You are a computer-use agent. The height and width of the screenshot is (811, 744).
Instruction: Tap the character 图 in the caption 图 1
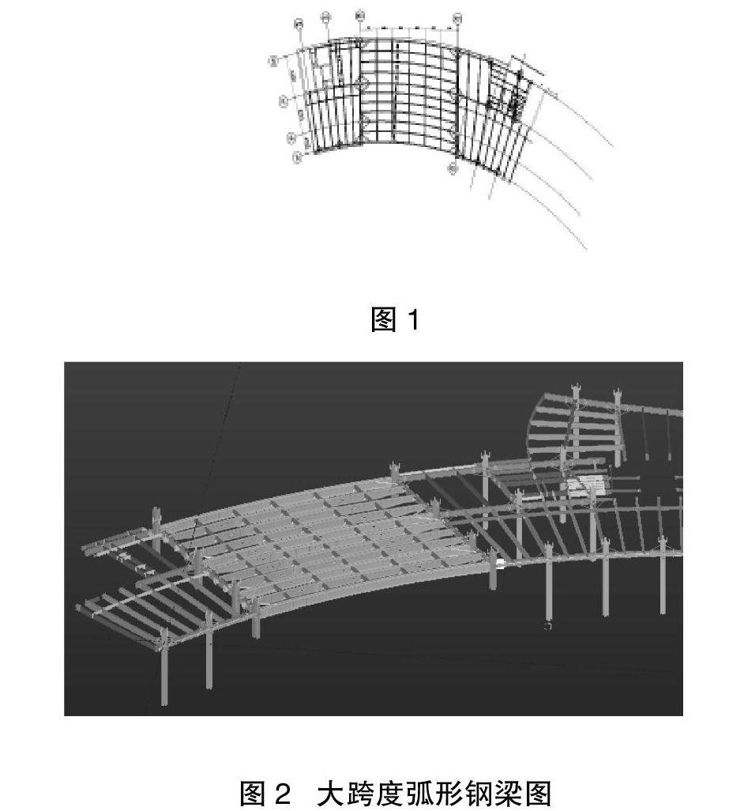383,319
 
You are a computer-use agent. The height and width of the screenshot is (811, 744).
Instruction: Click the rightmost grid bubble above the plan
457,17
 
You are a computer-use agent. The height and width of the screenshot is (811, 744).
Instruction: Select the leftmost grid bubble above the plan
298,24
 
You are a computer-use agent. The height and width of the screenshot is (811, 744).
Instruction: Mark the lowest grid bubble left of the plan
297,158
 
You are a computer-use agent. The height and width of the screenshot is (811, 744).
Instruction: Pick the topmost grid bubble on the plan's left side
273,60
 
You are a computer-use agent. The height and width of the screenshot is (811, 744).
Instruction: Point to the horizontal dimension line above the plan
408,28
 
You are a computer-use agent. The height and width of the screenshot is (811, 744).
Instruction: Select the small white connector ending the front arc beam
501,564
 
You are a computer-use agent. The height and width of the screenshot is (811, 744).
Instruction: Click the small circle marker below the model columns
547,626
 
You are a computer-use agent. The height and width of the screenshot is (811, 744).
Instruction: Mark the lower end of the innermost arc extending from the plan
585,249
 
